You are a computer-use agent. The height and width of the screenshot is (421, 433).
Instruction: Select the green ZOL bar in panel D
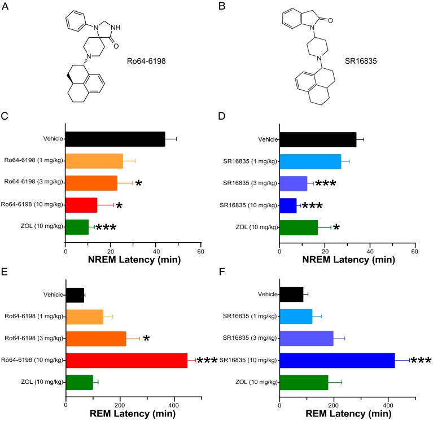coord(298,227)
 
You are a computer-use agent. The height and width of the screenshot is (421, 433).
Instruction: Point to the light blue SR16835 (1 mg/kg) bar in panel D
coord(310,161)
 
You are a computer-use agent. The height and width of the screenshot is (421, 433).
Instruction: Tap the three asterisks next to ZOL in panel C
coord(106,229)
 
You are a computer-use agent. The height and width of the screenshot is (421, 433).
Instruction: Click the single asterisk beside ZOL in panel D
coord(336,229)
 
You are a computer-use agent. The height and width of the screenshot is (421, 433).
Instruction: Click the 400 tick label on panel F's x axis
coord(388,405)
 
